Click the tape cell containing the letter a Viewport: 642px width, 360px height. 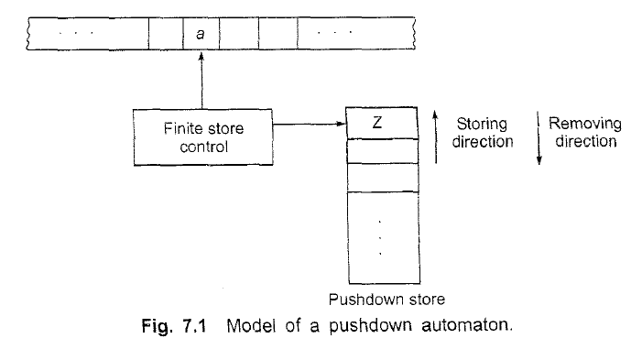pyautogui.click(x=201, y=34)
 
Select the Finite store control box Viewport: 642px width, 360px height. pyautogui.click(x=202, y=137)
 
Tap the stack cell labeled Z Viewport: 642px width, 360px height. pyautogui.click(x=383, y=123)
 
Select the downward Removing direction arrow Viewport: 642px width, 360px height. pyautogui.click(x=539, y=138)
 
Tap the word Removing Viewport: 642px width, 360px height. pyautogui.click(x=585, y=124)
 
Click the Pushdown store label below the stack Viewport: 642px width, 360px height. pyautogui.click(x=384, y=299)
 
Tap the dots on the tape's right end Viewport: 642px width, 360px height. pyautogui.click(x=338, y=34)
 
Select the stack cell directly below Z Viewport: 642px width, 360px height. pyautogui.click(x=383, y=149)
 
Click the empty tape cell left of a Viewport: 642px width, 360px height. pyautogui.click(x=165, y=34)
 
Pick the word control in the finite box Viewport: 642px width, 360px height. pyautogui.click(x=202, y=147)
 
